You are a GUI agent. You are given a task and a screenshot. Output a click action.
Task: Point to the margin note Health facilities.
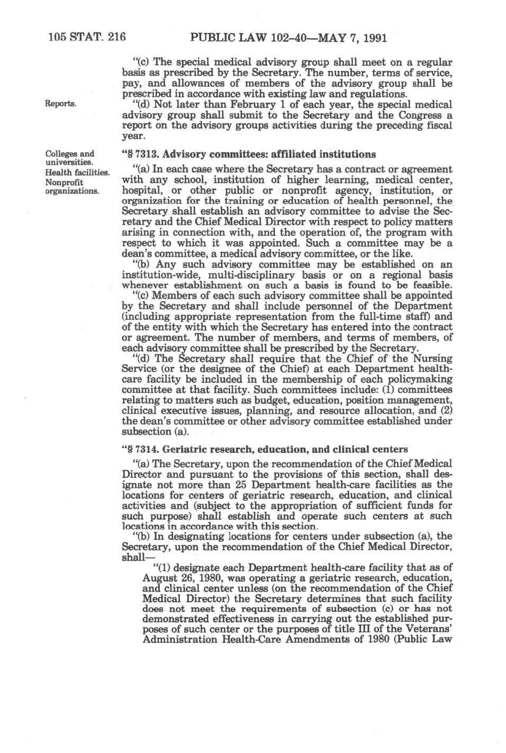[77, 172]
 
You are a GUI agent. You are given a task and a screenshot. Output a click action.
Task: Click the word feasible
[429, 285]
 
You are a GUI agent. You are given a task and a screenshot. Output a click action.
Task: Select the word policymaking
[420, 379]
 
